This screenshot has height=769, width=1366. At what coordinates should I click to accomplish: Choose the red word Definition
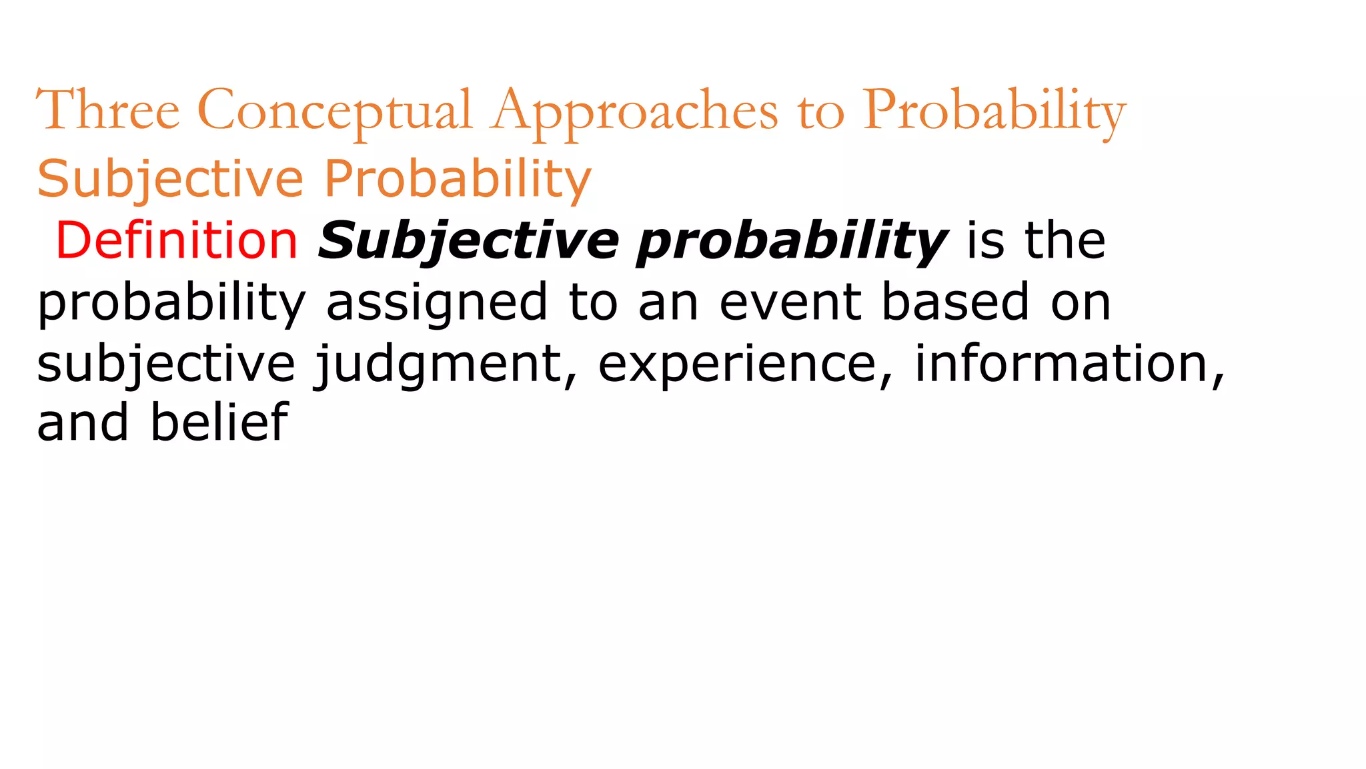tap(177, 240)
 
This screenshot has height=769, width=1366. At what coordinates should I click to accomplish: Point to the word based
tap(956, 302)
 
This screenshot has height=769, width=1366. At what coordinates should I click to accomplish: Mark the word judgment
tap(440, 364)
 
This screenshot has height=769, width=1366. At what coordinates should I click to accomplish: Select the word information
tap(1061, 363)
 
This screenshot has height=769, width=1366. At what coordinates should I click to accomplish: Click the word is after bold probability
tap(985, 240)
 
